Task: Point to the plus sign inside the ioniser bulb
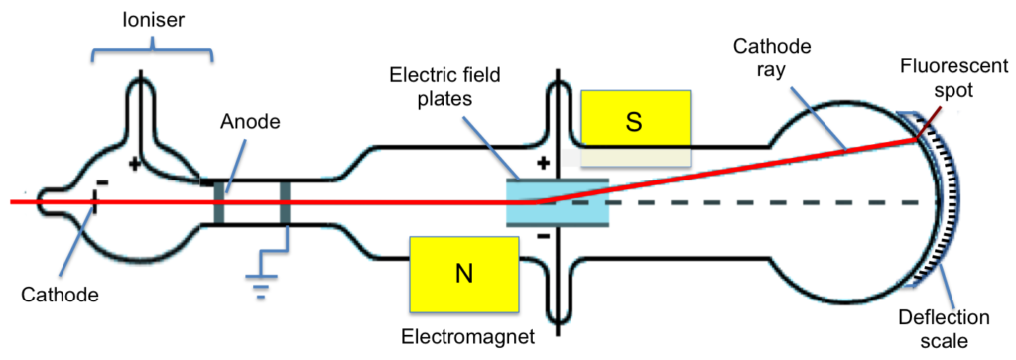tap(134, 159)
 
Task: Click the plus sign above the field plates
tap(542, 162)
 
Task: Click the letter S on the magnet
tap(635, 120)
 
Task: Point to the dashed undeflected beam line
tap(774, 202)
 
